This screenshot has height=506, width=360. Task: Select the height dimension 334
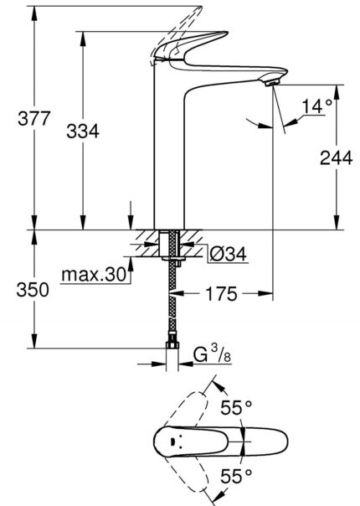(83, 132)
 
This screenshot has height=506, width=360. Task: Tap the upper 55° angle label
(236, 408)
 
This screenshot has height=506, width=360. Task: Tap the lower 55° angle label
(236, 477)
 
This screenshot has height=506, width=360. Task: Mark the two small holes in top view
(172, 441)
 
